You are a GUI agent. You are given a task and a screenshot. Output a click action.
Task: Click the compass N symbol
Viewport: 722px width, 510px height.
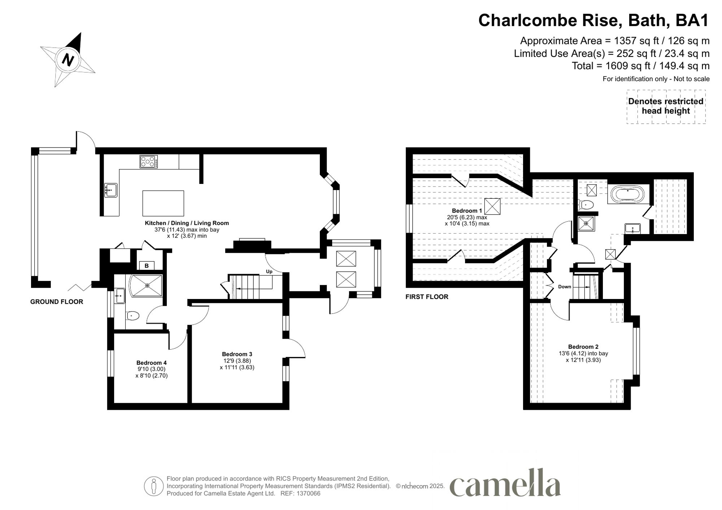coord(68,60)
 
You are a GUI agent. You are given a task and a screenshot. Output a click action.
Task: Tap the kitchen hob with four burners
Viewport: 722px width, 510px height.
coord(149,162)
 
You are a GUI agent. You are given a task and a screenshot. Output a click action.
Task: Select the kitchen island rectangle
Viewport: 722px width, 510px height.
coord(163,203)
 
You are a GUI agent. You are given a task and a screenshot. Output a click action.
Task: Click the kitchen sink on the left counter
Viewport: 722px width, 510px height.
coord(111,190)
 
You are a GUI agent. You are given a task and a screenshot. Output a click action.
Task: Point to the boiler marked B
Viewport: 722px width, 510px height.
coord(147,266)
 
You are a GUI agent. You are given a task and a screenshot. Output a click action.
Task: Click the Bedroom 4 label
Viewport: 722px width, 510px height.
coord(151,362)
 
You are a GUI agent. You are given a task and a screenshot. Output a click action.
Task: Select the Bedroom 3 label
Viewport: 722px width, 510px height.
coord(237,354)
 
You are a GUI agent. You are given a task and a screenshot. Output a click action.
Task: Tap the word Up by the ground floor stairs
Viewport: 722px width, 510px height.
coord(269,272)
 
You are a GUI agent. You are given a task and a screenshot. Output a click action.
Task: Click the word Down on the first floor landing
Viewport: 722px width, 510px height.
coord(565,287)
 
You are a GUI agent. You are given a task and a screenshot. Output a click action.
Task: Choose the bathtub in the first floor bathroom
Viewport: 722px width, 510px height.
coord(626,195)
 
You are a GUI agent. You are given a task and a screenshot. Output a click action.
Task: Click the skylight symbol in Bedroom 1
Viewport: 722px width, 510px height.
coord(492,206)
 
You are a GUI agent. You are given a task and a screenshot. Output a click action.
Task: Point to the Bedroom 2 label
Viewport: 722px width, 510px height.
coord(583,347)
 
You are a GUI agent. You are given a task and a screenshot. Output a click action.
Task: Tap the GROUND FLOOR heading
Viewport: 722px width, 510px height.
coord(57,302)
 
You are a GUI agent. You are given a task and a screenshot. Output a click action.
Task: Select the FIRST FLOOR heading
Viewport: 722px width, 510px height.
coord(427,297)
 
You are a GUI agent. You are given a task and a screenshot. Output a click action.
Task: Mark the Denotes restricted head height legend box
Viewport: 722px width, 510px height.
coord(666,106)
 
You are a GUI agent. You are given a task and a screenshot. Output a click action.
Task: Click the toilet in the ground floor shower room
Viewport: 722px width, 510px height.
coord(132,316)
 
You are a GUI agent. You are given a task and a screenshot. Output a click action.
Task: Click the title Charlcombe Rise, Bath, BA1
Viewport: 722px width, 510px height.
coord(593,21)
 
